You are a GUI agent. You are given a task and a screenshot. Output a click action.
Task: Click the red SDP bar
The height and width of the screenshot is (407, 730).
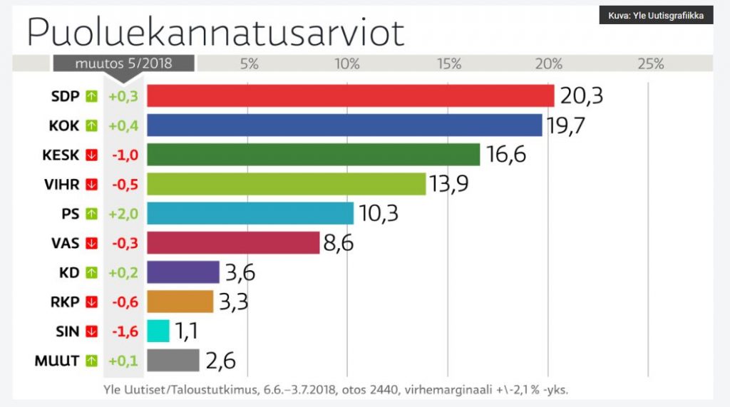pos(350,96)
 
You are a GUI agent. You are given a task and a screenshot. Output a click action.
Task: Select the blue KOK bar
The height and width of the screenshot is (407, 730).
pos(344,125)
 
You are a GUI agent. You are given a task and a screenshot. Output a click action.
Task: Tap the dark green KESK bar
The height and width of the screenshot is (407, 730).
pos(313,154)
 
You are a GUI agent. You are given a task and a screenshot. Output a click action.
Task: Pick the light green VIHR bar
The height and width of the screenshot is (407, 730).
pos(286,184)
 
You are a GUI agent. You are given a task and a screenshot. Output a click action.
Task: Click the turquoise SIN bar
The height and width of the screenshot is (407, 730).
pos(158,331)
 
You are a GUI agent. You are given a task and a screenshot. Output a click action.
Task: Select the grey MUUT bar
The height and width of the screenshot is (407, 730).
pos(173,360)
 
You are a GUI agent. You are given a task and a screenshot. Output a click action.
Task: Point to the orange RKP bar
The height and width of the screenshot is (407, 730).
pos(180,302)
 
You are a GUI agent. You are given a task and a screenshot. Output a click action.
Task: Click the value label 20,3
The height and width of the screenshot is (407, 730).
pos(581,96)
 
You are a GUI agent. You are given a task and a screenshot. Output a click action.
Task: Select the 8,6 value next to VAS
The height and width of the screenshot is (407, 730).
pos(339,243)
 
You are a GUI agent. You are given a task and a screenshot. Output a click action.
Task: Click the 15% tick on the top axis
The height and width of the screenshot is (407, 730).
pos(449,63)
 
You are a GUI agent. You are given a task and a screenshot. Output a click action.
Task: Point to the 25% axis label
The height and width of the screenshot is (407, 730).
pos(649,63)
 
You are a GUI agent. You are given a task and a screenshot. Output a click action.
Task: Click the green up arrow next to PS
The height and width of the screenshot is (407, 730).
pos(91,213)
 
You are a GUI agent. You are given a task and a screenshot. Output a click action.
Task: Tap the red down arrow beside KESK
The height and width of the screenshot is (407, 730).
pos(91,155)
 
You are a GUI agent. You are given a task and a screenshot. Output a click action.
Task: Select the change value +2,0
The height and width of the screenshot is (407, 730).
pos(123,213)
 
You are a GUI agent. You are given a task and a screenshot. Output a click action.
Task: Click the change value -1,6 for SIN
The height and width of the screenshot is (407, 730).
pos(123,331)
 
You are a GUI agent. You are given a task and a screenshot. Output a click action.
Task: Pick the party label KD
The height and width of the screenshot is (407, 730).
pos(69,272)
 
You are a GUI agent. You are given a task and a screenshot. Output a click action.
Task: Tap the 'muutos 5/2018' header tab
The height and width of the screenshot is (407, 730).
pos(123,63)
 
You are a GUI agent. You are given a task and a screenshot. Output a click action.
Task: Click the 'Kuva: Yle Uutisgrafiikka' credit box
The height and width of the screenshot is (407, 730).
pos(656,16)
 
